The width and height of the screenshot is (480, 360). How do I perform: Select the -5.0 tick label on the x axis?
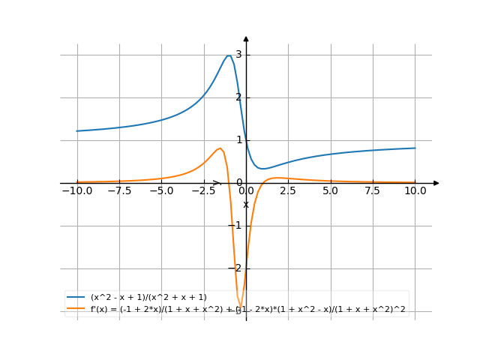pos(161,191)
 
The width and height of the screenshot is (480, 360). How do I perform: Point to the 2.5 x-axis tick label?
pos(288,191)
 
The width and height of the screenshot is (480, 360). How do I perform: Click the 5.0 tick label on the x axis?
pos(331,191)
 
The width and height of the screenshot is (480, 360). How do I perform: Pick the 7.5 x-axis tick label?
pos(373,191)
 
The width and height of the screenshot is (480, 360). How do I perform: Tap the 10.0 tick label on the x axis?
pos(415,191)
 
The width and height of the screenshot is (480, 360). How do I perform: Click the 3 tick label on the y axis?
pos(238,55)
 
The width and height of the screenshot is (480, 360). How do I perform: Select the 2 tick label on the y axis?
pos(238,97)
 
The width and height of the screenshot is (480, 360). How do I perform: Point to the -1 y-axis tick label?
pos(236,226)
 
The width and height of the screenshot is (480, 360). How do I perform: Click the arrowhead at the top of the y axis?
pos(246,38)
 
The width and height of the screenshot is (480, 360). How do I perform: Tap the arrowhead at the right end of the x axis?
pos(436,183)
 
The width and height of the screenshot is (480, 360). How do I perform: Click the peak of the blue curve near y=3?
pos(229,55)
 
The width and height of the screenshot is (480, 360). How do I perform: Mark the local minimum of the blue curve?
pos(262,169)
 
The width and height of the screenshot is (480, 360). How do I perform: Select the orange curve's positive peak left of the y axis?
pos(220,148)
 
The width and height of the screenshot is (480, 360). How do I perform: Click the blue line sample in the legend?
pos(76,298)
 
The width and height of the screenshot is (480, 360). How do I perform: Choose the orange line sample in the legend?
pos(76,308)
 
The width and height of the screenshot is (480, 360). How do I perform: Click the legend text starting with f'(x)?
pos(247,308)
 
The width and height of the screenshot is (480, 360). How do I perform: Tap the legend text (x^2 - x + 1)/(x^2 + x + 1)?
pos(148,298)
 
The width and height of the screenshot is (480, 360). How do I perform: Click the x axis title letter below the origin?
pos(246,204)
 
